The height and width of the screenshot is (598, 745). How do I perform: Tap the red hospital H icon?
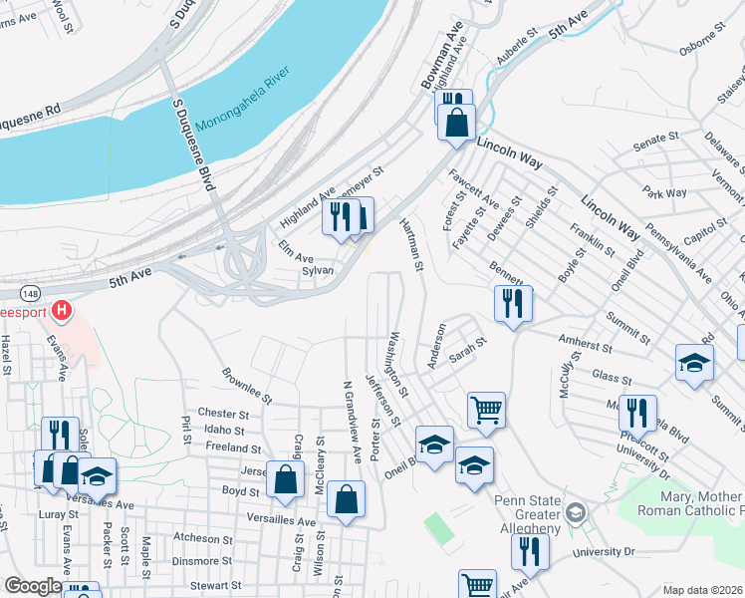pyautogui.click(x=62, y=311)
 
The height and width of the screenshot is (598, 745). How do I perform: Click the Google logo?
pyautogui.click(x=32, y=587)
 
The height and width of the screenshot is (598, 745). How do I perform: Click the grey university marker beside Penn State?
pyautogui.click(x=575, y=513)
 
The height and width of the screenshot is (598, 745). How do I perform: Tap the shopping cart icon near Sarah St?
pyautogui.click(x=486, y=408)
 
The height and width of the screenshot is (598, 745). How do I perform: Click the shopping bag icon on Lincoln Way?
pyautogui.click(x=456, y=123)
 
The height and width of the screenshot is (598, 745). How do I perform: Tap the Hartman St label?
pyautogui.click(x=411, y=246)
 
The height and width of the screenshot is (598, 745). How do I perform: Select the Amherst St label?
pyautogui.click(x=585, y=343)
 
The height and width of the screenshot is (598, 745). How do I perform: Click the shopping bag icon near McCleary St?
pyautogui.click(x=285, y=478)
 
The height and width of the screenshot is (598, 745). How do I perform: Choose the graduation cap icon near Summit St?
pyautogui.click(x=694, y=363)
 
